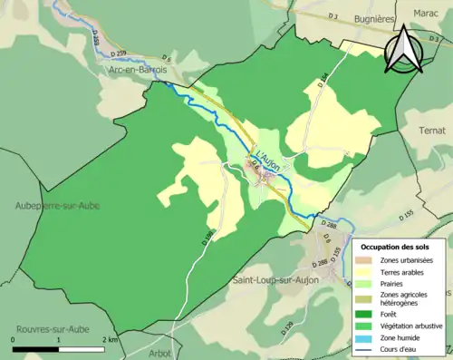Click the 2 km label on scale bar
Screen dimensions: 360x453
pyautogui.click(x=110, y=338)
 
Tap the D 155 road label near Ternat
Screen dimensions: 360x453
pyautogui.click(x=405, y=213)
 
